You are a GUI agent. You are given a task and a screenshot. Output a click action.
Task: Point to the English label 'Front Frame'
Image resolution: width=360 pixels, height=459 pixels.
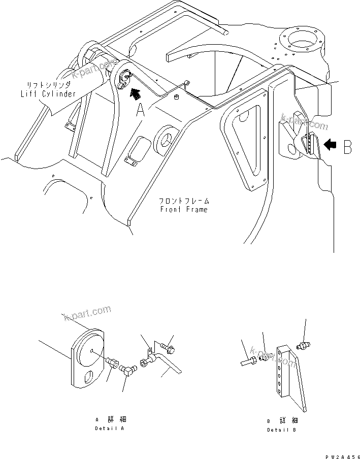pyautogui.click(x=183, y=209)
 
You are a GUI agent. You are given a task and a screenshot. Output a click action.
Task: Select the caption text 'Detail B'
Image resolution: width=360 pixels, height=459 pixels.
pyautogui.click(x=282, y=430)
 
